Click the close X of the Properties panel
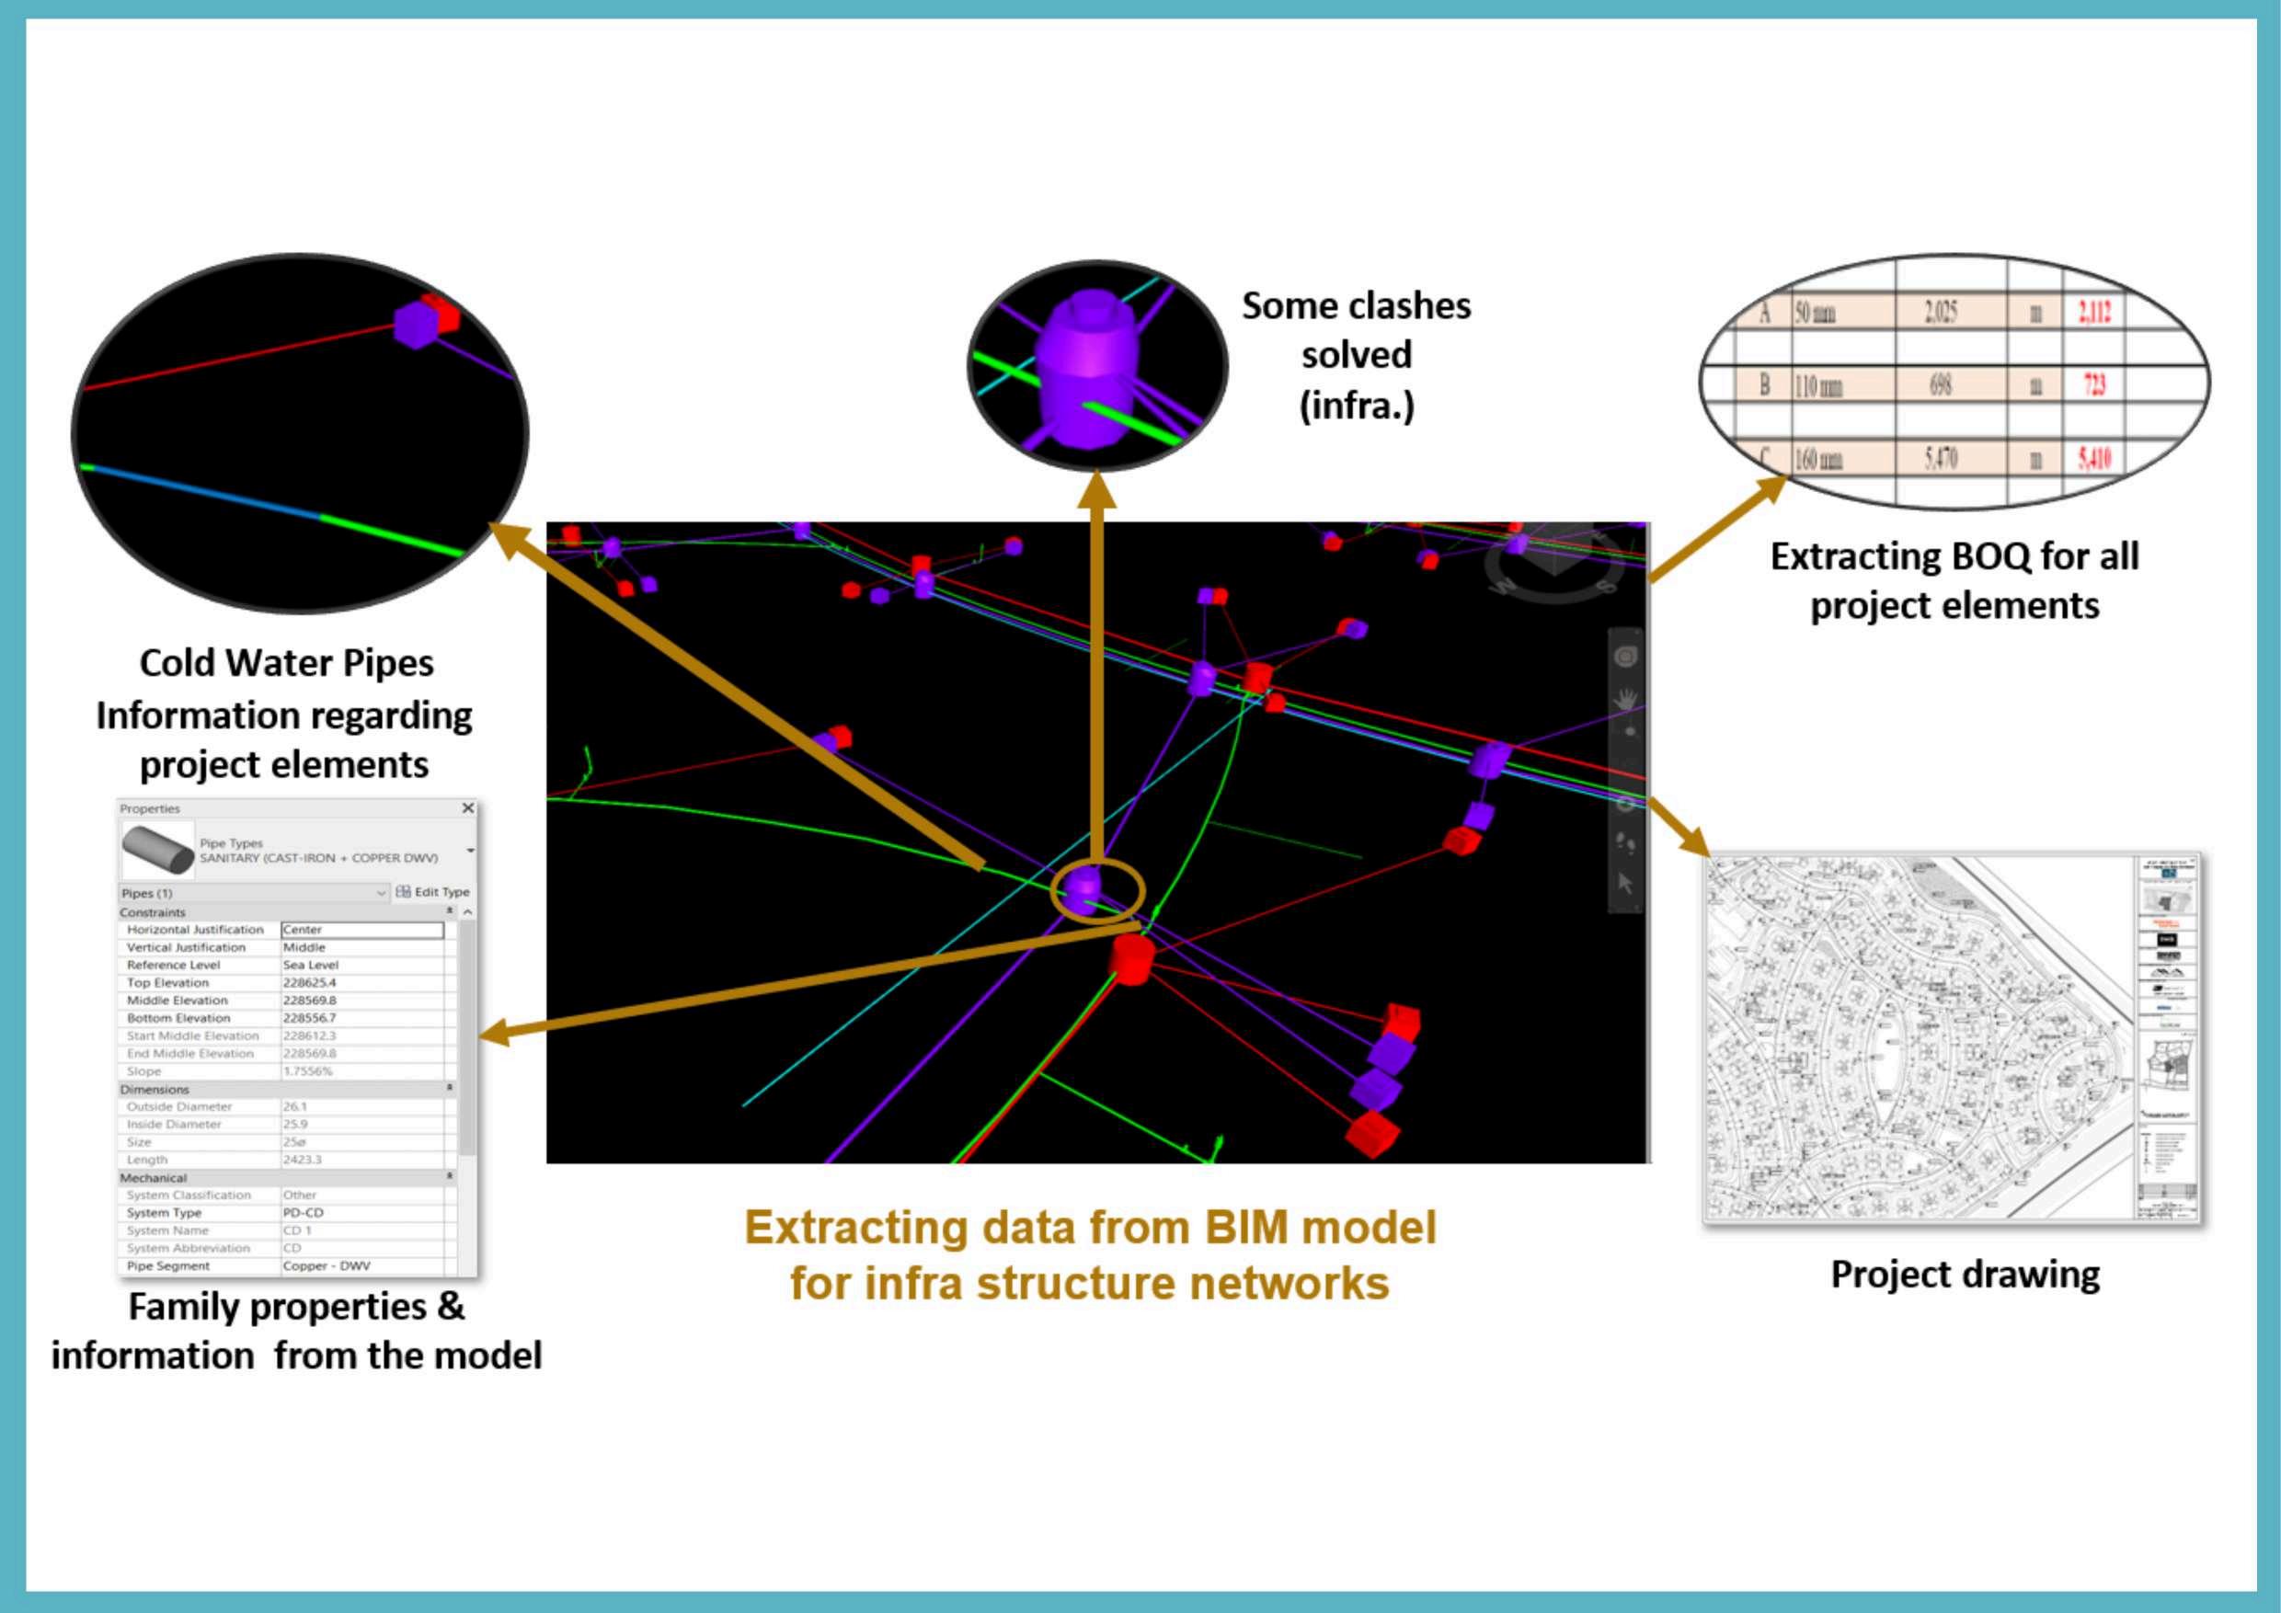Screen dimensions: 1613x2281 coord(468,808)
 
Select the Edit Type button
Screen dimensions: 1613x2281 coord(433,892)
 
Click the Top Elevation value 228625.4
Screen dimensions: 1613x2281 coord(310,982)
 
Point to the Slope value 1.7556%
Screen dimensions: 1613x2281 coord(308,1070)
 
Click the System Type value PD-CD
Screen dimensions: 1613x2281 coord(303,1213)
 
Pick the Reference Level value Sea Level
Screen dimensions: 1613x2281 coord(311,965)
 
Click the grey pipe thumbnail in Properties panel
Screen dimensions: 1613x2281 coord(158,851)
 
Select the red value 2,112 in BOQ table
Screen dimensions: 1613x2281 coord(2094,313)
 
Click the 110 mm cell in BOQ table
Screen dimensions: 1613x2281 coord(1818,386)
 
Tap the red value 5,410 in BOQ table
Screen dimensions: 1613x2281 coord(2094,459)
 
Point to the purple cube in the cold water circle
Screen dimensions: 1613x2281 coord(415,324)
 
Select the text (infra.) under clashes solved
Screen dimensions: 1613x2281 coord(1356,406)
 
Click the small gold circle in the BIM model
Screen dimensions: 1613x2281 coord(1098,891)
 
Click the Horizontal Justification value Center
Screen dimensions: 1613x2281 coord(361,930)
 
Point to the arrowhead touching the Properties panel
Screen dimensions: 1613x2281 coord(494,1035)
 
